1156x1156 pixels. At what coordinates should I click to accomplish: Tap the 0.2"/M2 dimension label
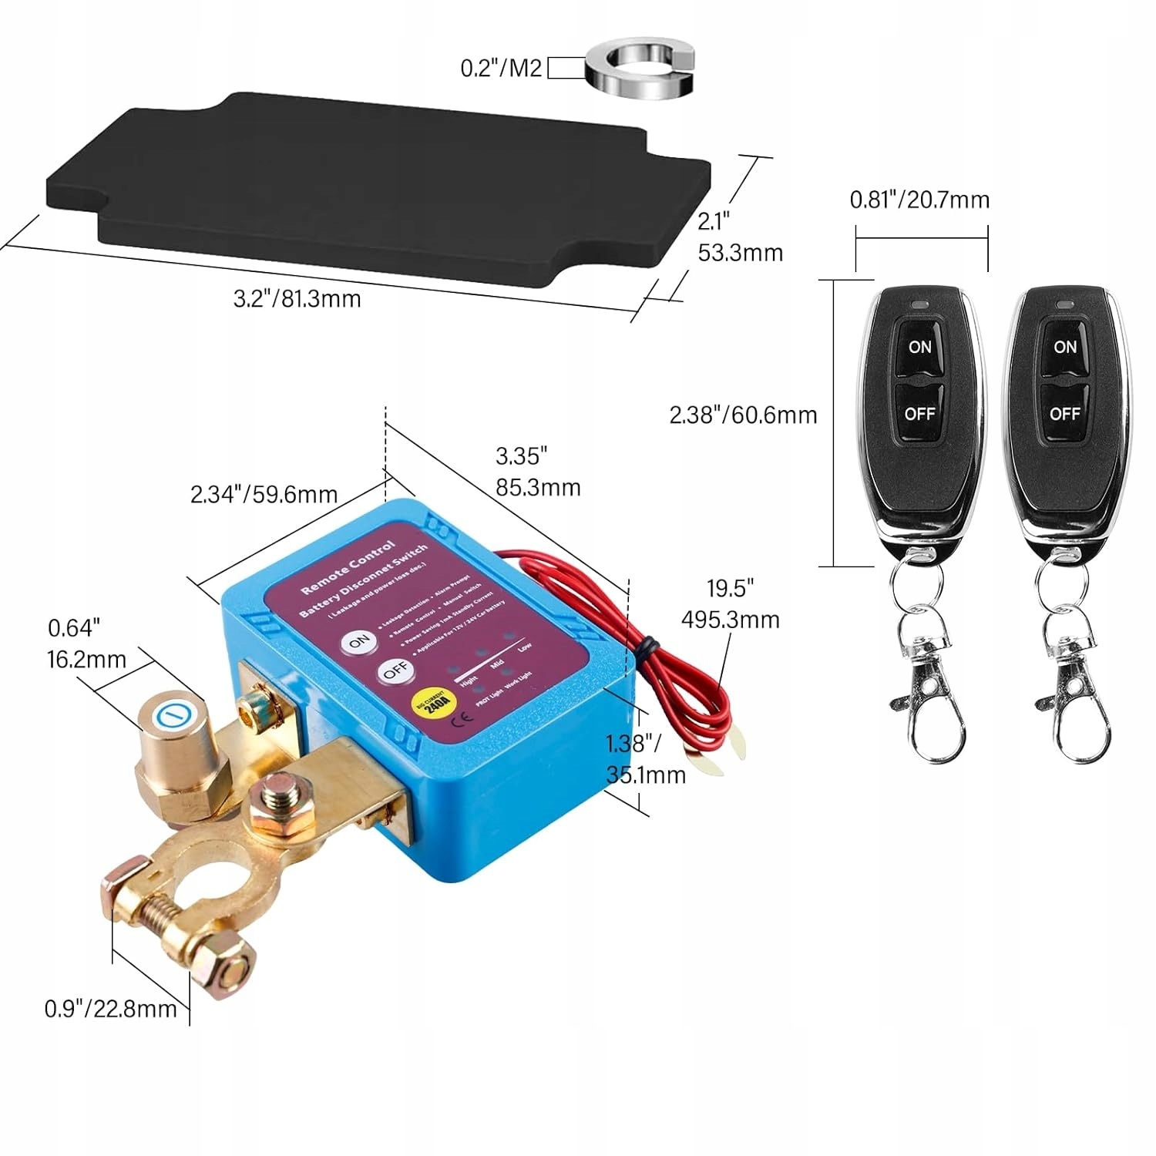pos(501,68)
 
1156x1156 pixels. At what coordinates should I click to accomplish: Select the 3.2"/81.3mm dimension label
pos(297,298)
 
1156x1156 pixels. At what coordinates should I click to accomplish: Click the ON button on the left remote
pos(919,347)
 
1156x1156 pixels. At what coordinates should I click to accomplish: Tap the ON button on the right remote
pos(1065,347)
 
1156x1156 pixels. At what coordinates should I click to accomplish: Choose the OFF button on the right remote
pos(1064,414)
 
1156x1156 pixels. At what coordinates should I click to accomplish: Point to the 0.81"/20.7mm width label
pos(919,200)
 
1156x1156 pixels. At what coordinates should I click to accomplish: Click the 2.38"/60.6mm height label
pos(743,415)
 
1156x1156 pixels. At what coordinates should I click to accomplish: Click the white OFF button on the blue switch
pos(395,671)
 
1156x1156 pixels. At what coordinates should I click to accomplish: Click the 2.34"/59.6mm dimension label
pos(264,494)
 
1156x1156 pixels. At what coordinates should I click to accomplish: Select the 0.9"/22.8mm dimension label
pos(110,1009)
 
